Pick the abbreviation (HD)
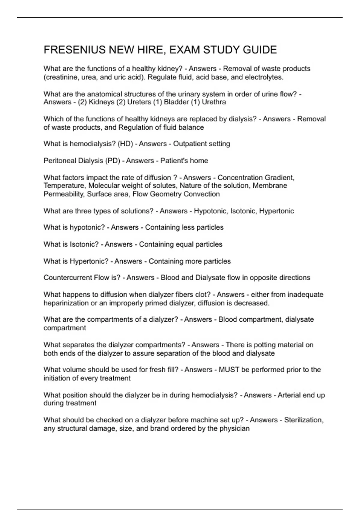(x=125, y=144)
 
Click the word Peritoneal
(x=60, y=161)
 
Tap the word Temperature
(x=64, y=186)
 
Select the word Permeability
(x=64, y=194)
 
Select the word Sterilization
(x=304, y=420)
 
